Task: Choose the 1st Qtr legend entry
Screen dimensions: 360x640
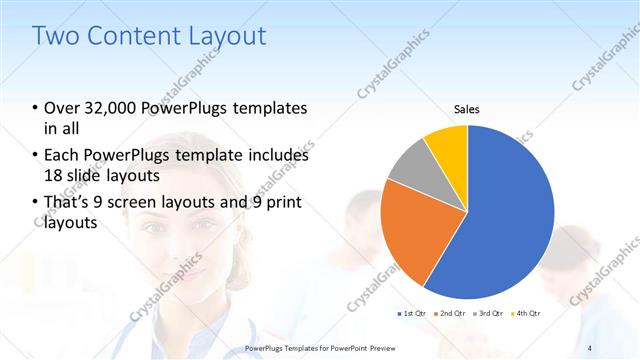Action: (412, 314)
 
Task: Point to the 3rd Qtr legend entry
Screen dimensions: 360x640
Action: (490, 314)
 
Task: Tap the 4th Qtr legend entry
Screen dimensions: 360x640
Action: (527, 314)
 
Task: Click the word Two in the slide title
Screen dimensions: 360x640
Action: (56, 37)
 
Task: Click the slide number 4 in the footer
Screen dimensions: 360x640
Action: (590, 348)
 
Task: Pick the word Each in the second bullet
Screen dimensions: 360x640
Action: (62, 155)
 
